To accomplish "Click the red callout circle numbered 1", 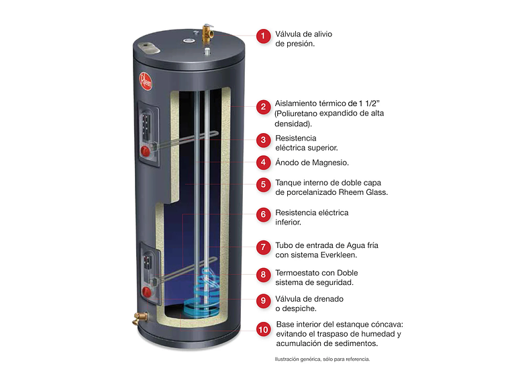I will coord(264,36).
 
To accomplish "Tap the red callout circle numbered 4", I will coord(264,162).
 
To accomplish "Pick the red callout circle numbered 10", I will coord(264,329).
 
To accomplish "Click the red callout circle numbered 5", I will coord(264,184).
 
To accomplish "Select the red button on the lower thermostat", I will coord(146,291).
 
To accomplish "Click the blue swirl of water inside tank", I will coord(209,296).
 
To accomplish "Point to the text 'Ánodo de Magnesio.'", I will coord(312,162).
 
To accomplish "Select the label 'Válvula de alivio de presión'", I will coord(303,38).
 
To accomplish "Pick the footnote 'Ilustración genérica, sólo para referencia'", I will coord(321,359).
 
